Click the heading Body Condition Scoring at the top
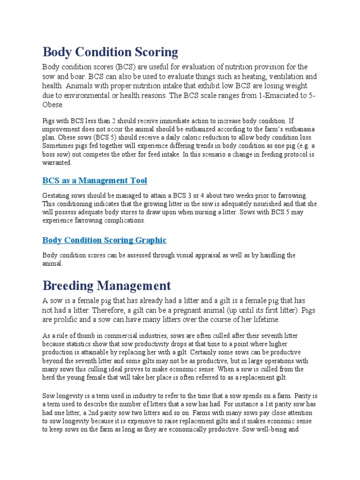coord(110,52)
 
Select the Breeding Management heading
coord(107,285)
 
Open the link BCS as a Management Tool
coord(95,180)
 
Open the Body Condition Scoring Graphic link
coord(104,240)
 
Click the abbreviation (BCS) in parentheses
coord(127,67)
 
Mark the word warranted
coord(57,163)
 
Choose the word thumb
coord(85,336)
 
